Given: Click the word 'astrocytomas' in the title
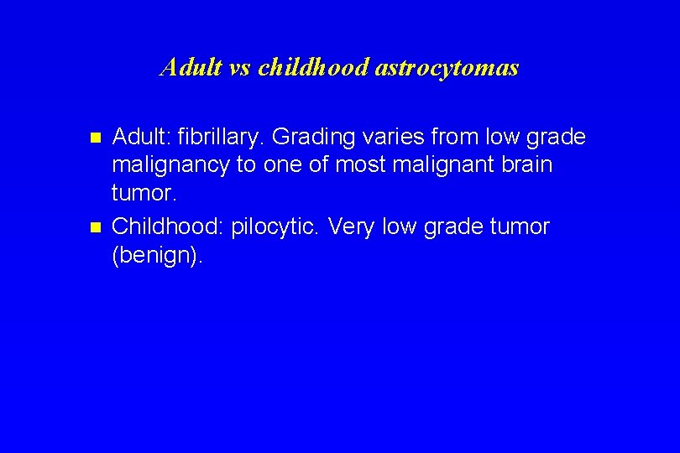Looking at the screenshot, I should pyautogui.click(x=447, y=67).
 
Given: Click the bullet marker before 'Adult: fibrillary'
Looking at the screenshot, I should pyautogui.click(x=95, y=137).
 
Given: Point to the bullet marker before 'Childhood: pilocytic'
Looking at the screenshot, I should pyautogui.click(x=95, y=227).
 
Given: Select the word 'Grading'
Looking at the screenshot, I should pyautogui.click(x=311, y=137).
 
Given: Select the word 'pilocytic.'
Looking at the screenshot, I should pyautogui.click(x=276, y=227).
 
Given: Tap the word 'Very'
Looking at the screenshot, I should pyautogui.click(x=352, y=226).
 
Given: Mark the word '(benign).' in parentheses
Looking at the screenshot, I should pyautogui.click(x=157, y=256).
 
